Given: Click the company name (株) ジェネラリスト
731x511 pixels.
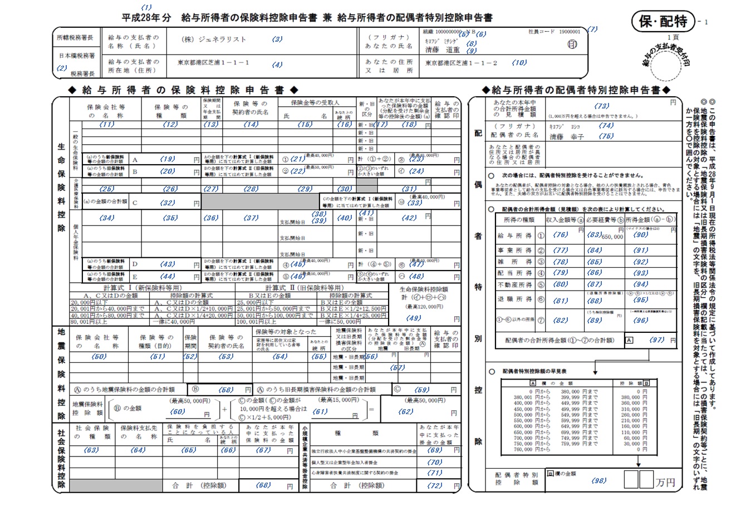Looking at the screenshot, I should [214, 40].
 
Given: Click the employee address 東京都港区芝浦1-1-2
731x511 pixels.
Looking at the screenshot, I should [462, 63].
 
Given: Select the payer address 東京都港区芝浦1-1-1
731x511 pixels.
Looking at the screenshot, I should [213, 63].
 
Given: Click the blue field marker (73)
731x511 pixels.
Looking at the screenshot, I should [601, 106].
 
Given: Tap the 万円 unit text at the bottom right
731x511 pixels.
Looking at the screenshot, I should [666, 481].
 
